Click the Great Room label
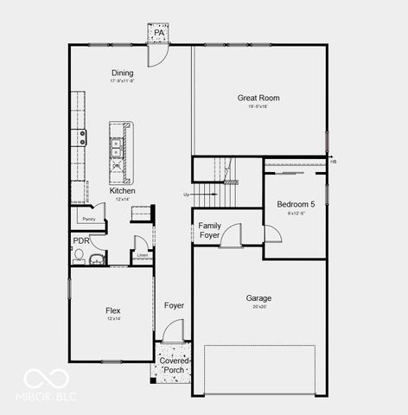point(258,99)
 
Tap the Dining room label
point(122,73)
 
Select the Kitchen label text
point(122,190)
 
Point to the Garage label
point(258,297)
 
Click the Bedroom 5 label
point(294,205)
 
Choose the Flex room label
point(112,310)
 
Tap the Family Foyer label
point(209,230)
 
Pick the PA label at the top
point(159,33)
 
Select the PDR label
point(81,240)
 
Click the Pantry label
point(88,219)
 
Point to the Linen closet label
point(143,256)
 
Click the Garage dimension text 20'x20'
point(258,307)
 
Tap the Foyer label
point(174,305)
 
